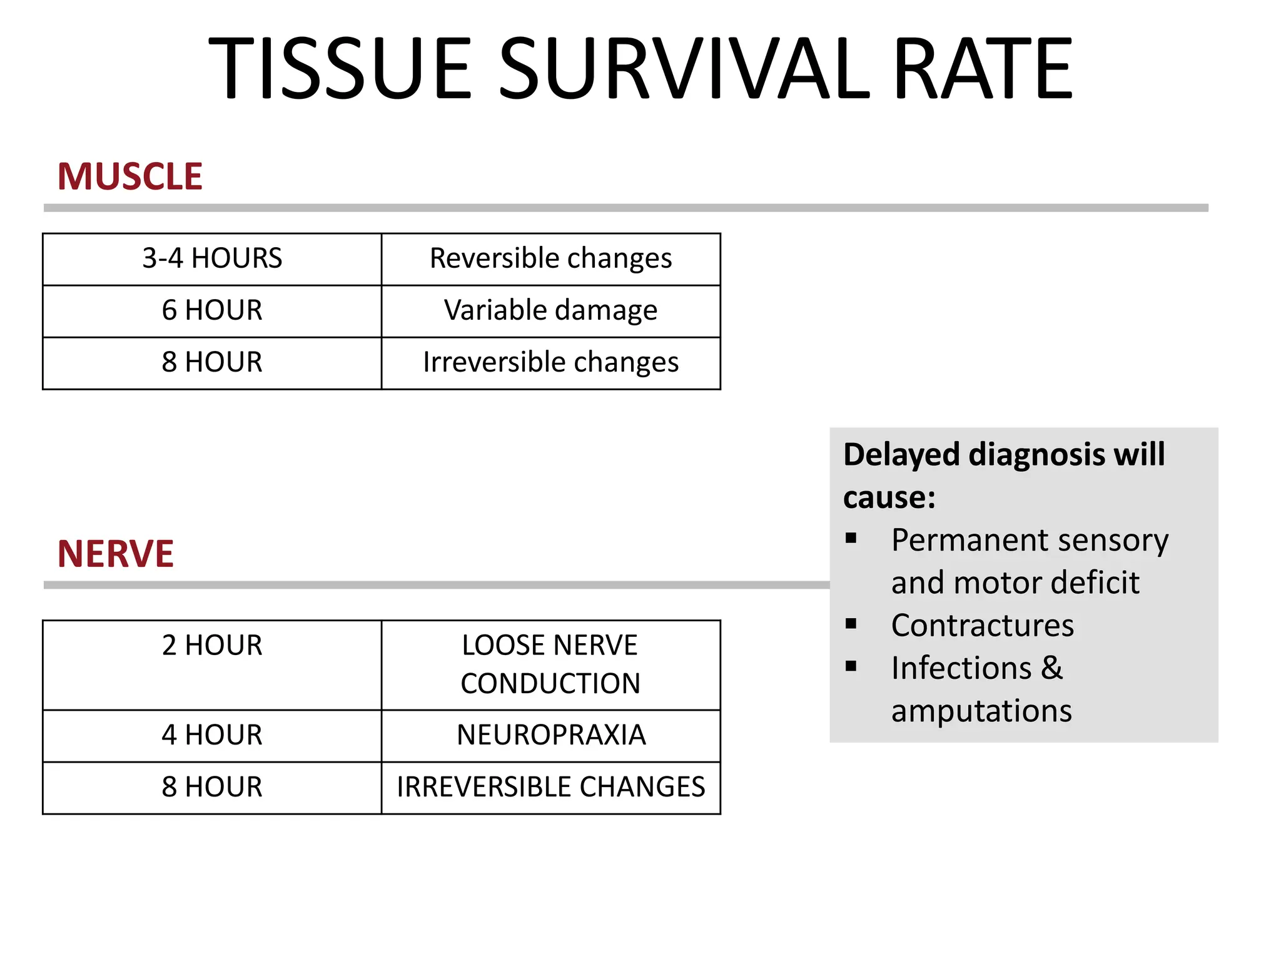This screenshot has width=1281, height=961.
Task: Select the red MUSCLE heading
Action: pyautogui.click(x=130, y=176)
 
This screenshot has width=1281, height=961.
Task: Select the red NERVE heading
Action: pyautogui.click(x=116, y=554)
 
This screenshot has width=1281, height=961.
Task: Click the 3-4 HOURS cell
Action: pyautogui.click(x=212, y=258)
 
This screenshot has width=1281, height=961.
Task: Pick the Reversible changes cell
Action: pyautogui.click(x=550, y=258)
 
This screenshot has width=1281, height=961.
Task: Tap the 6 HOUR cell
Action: pyautogui.click(x=212, y=310)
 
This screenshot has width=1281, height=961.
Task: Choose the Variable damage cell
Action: pyautogui.click(x=550, y=310)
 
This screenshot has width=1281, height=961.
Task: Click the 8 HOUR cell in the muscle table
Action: pyautogui.click(x=212, y=362)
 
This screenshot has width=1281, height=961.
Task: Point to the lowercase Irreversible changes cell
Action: pyautogui.click(x=550, y=362)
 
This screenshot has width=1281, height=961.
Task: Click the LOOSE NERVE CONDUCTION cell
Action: pyautogui.click(x=550, y=664)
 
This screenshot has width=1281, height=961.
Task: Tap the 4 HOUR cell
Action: pyautogui.click(x=212, y=735)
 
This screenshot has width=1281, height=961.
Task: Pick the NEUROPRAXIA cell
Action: pyautogui.click(x=550, y=735)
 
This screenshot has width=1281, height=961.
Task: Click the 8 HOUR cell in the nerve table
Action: pyautogui.click(x=212, y=787)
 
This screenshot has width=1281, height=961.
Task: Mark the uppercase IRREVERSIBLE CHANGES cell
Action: pyautogui.click(x=550, y=787)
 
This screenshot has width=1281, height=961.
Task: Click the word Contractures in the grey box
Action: pyautogui.click(x=982, y=626)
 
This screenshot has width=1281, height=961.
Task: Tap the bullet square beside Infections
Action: pyautogui.click(x=851, y=666)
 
